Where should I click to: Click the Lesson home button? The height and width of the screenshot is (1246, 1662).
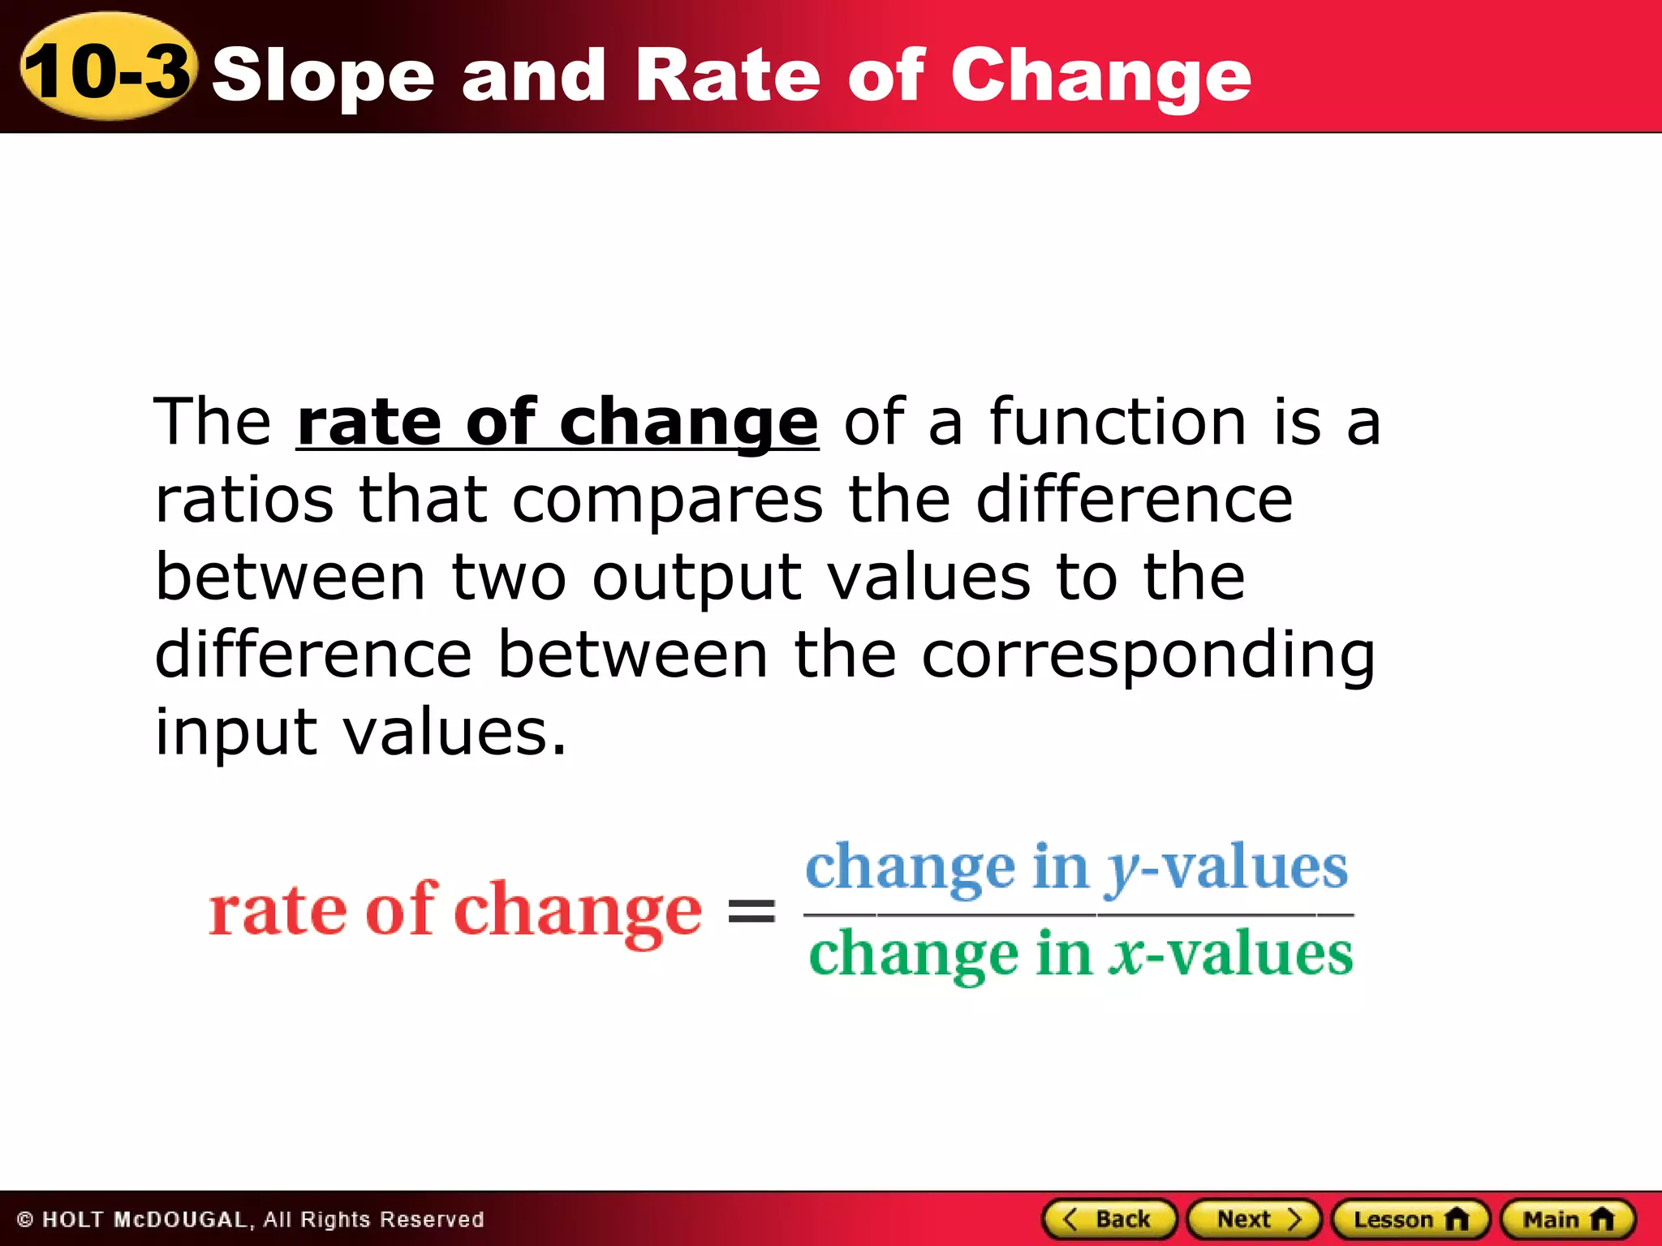tap(1410, 1219)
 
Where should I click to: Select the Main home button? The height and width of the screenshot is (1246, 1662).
tap(1568, 1219)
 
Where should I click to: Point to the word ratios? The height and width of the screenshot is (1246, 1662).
tap(244, 500)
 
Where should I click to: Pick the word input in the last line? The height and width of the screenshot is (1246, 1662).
tap(235, 733)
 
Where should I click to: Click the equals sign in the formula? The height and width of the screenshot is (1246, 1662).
tap(751, 911)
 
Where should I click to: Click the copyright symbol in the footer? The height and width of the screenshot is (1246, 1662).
tap(24, 1220)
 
